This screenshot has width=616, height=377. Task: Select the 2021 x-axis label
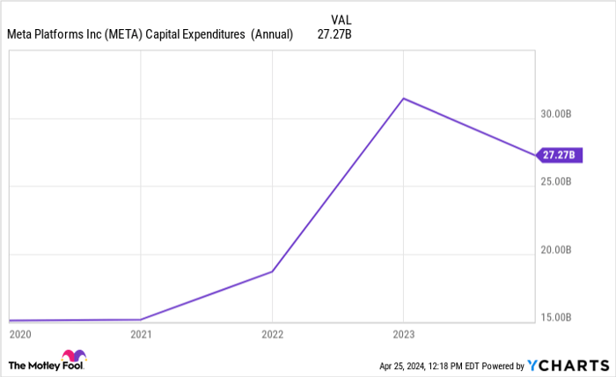click(x=141, y=335)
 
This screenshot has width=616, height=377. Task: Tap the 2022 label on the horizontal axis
click(x=272, y=335)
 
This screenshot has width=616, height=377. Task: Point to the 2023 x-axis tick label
click(x=403, y=335)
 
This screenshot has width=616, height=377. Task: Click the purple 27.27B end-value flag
click(x=559, y=155)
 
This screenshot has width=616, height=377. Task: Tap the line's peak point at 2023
click(x=403, y=98)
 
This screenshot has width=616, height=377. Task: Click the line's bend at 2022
click(x=272, y=271)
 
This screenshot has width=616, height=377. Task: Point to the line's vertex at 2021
click(x=141, y=320)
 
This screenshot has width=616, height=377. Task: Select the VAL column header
click(x=342, y=19)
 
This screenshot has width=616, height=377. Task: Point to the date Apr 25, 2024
click(x=406, y=365)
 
